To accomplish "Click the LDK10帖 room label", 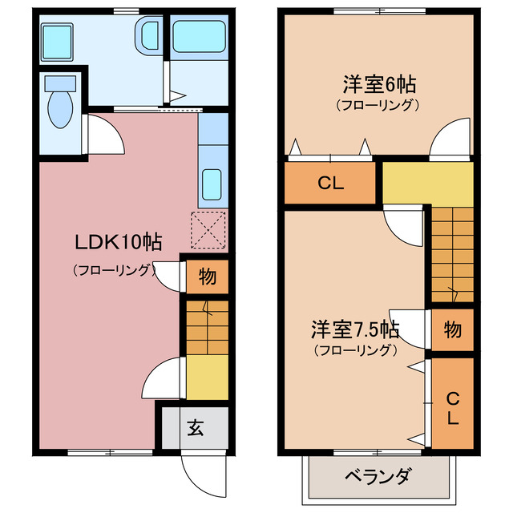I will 119,242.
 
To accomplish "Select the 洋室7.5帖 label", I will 355,329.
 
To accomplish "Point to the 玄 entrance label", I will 196,427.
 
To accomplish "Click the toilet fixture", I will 60,106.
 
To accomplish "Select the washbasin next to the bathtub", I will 149,38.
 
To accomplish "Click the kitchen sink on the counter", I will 212,186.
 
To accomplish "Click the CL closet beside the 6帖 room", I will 329,183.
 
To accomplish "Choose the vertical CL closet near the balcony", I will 452,407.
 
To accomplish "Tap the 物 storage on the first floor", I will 207,277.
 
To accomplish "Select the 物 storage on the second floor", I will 452,329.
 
